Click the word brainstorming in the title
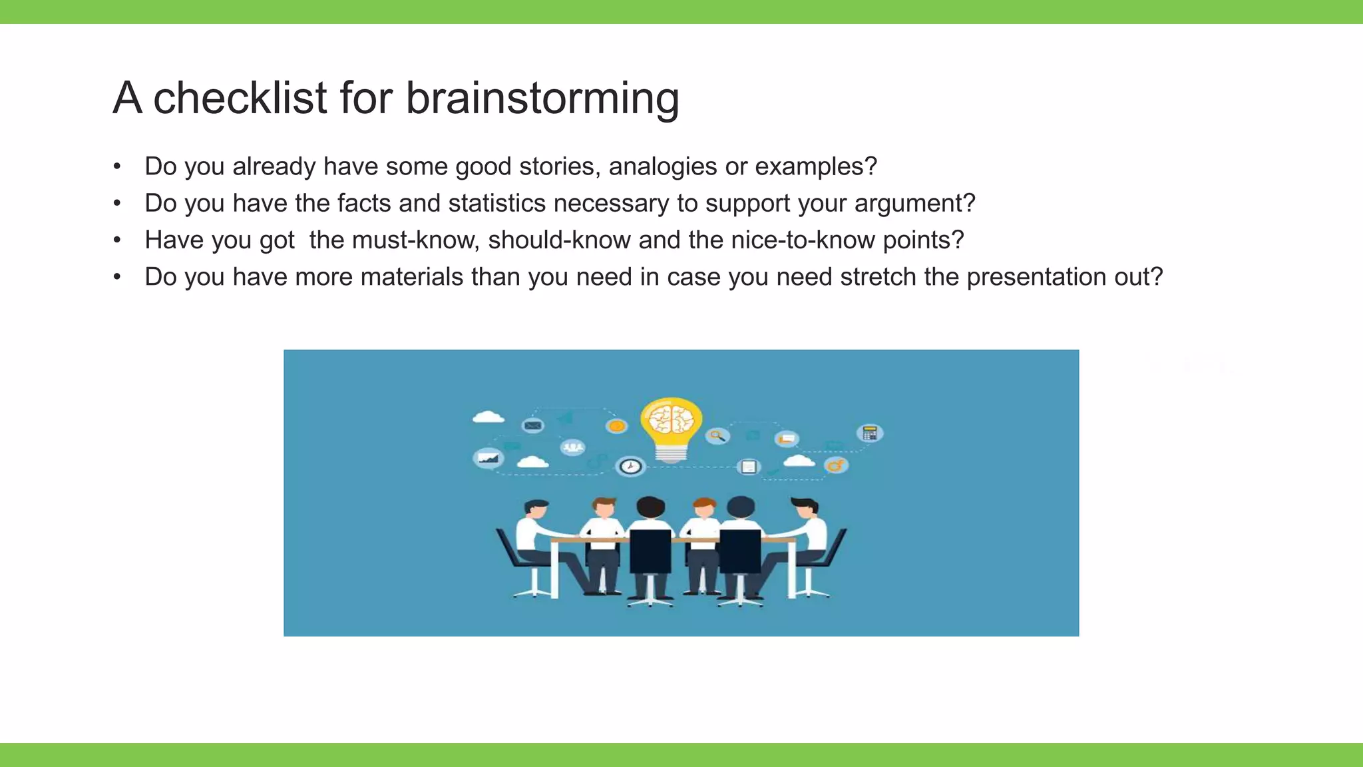pos(542,99)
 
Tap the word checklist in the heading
pos(240,99)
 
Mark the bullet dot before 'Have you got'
pos(117,240)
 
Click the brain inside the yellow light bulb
pos(671,419)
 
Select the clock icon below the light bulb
pos(630,466)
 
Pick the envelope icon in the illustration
pos(532,425)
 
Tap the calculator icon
pos(870,433)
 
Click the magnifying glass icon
pos(717,436)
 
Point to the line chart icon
pos(488,458)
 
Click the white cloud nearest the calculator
pos(799,461)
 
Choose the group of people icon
pos(572,447)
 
